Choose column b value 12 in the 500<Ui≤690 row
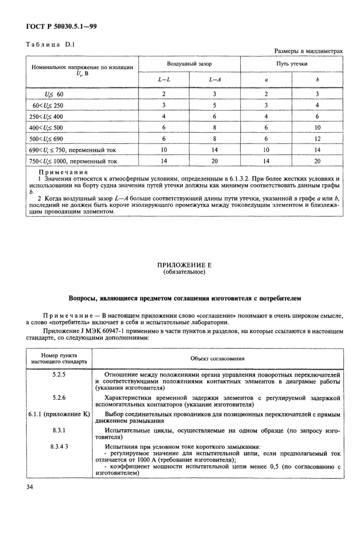coord(317,139)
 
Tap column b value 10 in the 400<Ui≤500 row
coord(317,128)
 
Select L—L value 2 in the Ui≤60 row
coord(164,94)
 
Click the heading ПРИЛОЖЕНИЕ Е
coord(184,265)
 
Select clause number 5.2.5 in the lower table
coord(59,376)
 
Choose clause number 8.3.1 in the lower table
coord(59,429)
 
